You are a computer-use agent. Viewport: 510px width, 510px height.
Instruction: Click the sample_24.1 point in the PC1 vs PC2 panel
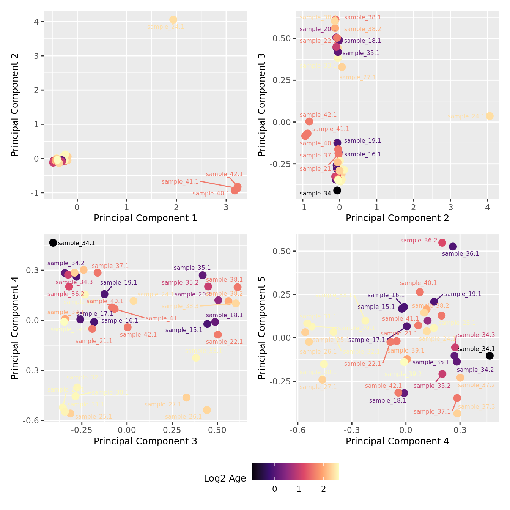[x=173, y=20]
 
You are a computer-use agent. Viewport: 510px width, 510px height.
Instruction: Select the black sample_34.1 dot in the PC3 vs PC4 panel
[x=53, y=243]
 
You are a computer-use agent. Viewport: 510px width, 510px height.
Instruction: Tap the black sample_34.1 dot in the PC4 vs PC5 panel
[x=490, y=356]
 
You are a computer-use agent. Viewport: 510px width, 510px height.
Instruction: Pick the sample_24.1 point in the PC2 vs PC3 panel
[x=490, y=116]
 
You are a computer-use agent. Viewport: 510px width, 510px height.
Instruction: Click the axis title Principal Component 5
[x=261, y=327]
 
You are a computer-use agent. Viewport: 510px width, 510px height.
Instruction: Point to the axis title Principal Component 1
[x=145, y=218]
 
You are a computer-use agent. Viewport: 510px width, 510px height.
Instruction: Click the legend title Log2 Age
[x=225, y=479]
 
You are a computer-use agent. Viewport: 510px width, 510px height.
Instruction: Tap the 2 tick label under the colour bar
[x=323, y=489]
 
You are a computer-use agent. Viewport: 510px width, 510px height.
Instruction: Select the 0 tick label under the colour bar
[x=275, y=489]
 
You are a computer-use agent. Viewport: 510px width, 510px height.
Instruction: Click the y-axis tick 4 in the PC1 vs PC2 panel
[x=36, y=22]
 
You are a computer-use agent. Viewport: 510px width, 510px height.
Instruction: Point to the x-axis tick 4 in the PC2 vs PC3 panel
[x=487, y=207]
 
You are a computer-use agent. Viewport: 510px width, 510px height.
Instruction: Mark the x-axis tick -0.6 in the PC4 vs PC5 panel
[x=297, y=430]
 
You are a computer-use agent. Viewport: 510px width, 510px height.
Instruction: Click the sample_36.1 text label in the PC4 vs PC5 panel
[x=460, y=254]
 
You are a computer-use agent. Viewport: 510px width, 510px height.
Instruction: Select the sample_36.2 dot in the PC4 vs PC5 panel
[x=442, y=243]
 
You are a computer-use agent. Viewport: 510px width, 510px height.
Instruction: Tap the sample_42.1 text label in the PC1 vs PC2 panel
[x=224, y=174]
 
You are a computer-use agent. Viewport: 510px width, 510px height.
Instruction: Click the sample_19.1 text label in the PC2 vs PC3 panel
[x=362, y=141]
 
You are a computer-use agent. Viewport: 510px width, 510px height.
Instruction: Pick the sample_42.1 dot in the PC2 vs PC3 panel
[x=309, y=121]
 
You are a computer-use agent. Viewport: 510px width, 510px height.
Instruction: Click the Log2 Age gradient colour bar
[x=295, y=472]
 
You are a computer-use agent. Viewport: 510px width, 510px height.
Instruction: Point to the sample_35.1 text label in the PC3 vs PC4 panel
[x=192, y=268]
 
